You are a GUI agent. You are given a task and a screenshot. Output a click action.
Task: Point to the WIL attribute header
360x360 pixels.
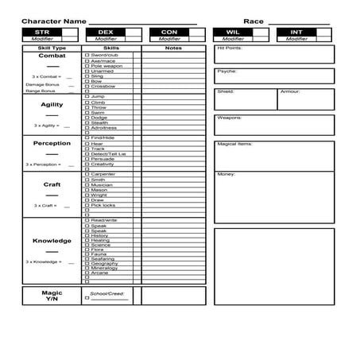[x=234, y=33]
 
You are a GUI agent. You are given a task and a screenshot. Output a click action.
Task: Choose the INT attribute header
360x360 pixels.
[x=296, y=33]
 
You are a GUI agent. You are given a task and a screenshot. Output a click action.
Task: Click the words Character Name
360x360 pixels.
[x=54, y=21]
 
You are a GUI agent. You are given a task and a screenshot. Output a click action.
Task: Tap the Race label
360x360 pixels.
[x=253, y=21]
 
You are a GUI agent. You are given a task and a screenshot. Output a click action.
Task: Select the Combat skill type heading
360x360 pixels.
[x=52, y=56]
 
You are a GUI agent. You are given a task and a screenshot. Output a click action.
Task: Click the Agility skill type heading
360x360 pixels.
[x=52, y=105]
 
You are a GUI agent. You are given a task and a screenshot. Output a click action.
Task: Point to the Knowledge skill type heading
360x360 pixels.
[x=52, y=241]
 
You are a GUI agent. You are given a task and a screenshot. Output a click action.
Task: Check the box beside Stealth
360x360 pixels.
[x=87, y=123]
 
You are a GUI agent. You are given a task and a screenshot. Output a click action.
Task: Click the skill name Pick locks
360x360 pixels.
[x=103, y=205]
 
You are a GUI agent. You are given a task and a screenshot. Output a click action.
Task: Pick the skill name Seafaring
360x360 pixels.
[x=104, y=257]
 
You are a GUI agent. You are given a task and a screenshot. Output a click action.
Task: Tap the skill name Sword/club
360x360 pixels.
[x=105, y=55]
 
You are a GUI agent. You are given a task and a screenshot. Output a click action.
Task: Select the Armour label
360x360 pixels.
[x=289, y=91]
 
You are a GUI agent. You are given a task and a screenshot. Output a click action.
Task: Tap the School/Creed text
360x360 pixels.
[x=108, y=293]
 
